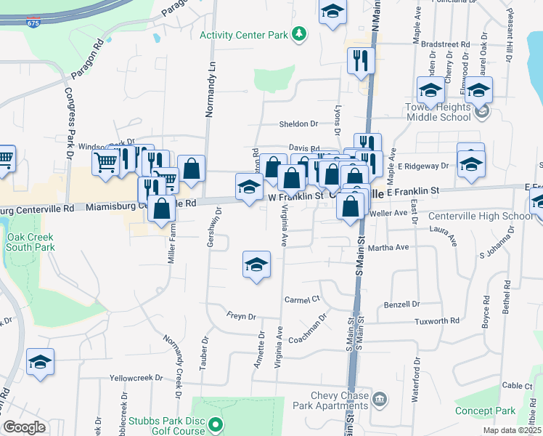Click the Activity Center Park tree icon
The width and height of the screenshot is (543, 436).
tap(298, 34)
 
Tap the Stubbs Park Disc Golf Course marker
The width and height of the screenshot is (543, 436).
tap(214, 424)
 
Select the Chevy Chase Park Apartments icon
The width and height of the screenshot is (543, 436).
tap(380, 400)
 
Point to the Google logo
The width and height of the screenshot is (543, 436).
tap(24, 427)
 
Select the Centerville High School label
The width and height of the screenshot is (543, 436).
tap(481, 217)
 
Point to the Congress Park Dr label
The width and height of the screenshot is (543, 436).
tap(69, 124)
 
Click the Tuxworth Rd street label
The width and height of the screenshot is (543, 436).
tap(436, 320)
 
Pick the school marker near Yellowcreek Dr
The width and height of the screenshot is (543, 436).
tap(40, 361)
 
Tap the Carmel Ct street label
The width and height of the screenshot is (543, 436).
tap(302, 299)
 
